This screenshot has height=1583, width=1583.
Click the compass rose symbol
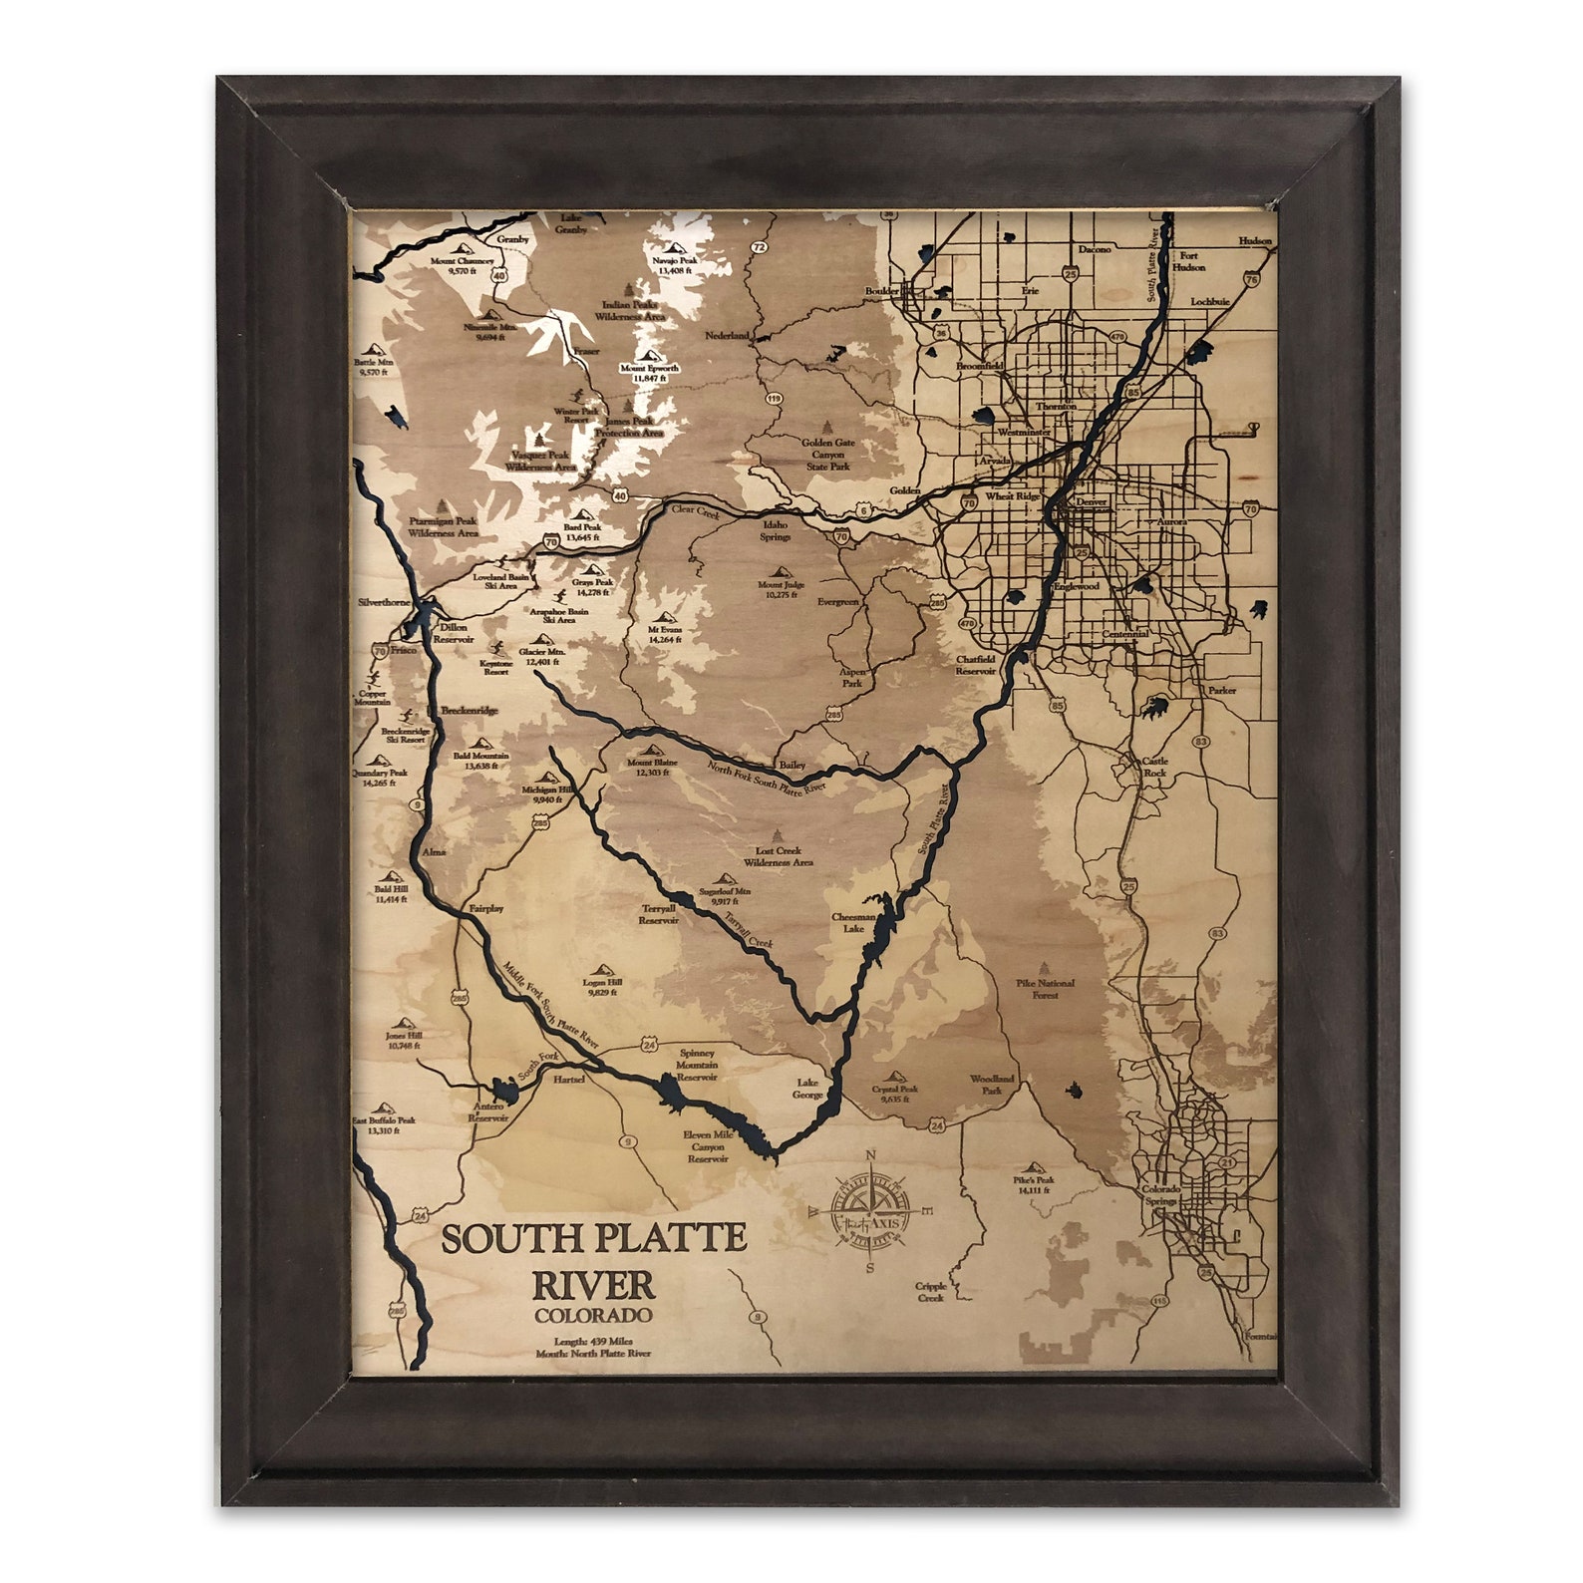(871, 1212)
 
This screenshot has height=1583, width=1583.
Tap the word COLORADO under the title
(592, 1316)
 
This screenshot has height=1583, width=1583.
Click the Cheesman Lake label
(854, 922)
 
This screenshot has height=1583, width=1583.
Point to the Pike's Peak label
(1034, 1184)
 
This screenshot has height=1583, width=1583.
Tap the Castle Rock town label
(1154, 767)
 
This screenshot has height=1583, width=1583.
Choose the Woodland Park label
(992, 1085)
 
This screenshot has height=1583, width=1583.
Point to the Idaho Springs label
(776, 530)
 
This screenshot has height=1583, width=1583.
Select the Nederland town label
(727, 336)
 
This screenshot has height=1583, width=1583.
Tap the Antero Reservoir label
(488, 1112)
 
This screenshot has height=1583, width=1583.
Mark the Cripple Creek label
(930, 1292)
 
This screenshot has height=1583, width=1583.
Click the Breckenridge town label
(469, 711)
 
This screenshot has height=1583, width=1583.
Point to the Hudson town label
(1255, 241)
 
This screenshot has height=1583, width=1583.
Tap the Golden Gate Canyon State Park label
(830, 455)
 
